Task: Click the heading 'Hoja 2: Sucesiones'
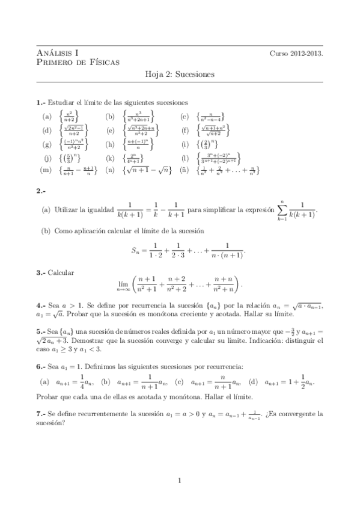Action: [180, 76]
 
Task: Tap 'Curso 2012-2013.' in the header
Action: [296, 53]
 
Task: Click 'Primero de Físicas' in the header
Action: [78, 61]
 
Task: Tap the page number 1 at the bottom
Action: [180, 479]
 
